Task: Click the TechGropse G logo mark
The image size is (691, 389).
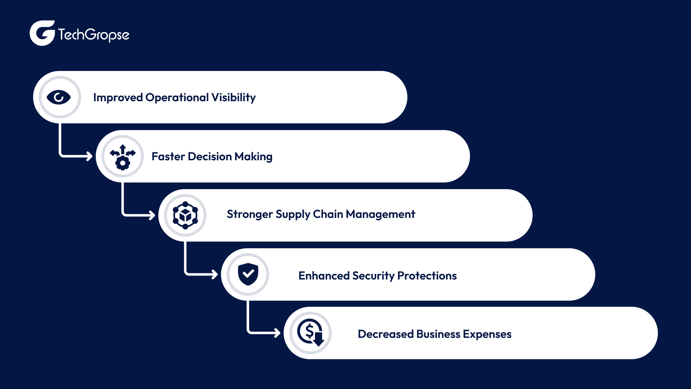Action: [42, 33]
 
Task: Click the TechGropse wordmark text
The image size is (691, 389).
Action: [94, 35]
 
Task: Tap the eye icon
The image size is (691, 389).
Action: [59, 97]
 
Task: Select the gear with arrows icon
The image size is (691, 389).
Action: [123, 157]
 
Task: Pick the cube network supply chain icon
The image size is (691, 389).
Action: [185, 215]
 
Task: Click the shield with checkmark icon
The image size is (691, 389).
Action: [248, 274]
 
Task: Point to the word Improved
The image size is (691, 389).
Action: [118, 97]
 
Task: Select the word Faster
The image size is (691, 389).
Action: [168, 156]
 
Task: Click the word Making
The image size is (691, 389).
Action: [253, 156]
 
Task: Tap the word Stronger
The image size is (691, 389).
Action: [249, 214]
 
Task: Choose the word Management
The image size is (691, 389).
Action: [380, 214]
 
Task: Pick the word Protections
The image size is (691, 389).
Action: [427, 276]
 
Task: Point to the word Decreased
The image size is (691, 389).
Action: [385, 334]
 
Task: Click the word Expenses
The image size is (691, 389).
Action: [487, 334]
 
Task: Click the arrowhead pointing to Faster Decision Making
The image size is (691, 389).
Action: [89, 156]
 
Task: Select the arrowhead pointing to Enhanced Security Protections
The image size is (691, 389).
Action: [214, 274]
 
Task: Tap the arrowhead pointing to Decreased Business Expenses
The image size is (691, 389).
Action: [277, 333]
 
